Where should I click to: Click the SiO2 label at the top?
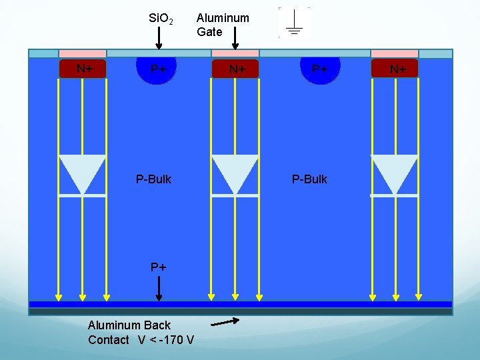161,19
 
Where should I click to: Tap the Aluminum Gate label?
223,25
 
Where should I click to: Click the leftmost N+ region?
83,69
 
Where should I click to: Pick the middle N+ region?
235,69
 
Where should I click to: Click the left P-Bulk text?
153,179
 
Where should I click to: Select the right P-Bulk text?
310,179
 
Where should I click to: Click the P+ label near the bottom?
158,267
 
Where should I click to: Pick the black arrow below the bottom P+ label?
159,289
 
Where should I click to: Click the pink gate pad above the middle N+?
235,53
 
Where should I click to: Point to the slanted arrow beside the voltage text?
225,323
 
